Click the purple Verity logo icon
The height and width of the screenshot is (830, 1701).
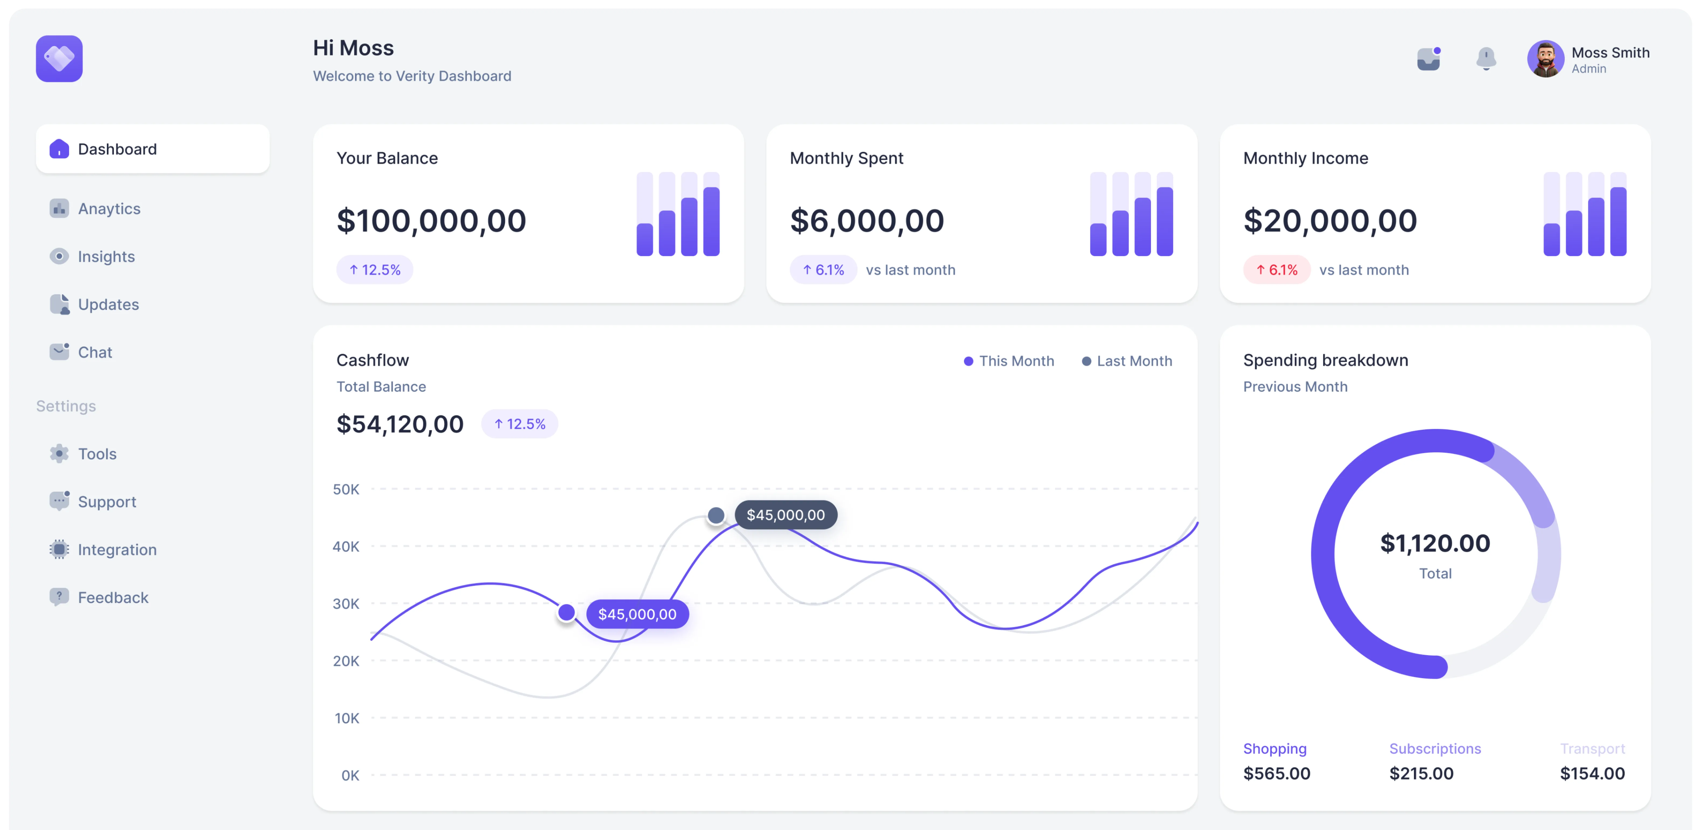[59, 59]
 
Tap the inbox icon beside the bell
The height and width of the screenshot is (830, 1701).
[1428, 59]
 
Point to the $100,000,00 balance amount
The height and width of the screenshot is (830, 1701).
[431, 220]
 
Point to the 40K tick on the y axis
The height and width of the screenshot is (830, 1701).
[346, 546]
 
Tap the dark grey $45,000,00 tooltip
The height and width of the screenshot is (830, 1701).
[785, 515]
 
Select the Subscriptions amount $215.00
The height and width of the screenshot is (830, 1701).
[1421, 773]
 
